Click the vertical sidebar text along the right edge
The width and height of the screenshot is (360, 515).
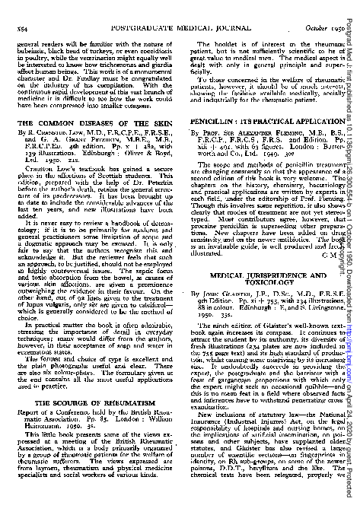(353, 257)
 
